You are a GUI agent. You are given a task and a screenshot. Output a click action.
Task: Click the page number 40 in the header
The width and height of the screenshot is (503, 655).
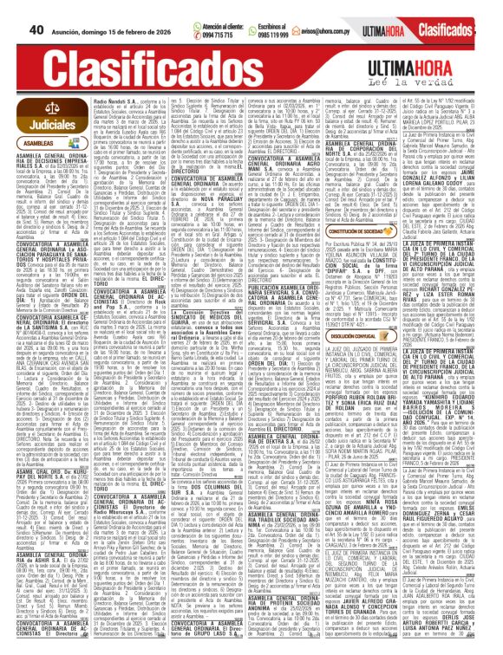coord(13,8)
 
